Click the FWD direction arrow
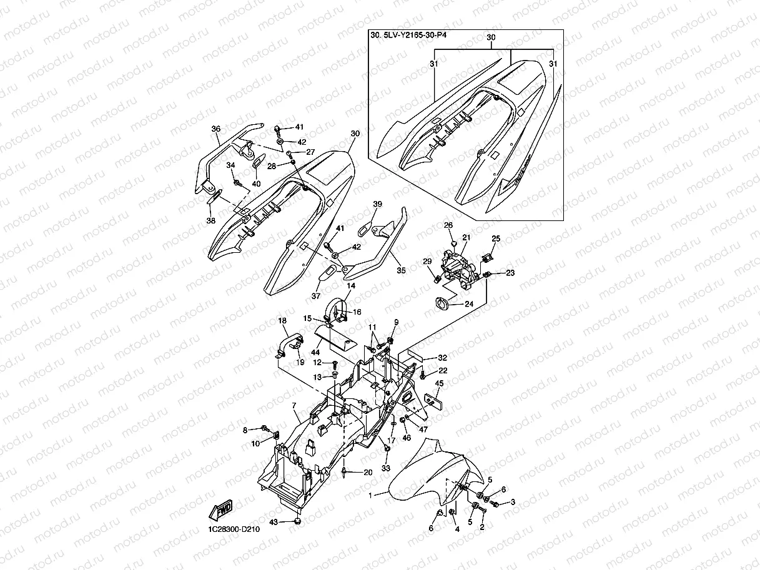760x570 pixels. (x=223, y=510)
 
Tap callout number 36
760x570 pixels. (x=216, y=129)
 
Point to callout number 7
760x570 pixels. (x=294, y=406)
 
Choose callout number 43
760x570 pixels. (x=273, y=521)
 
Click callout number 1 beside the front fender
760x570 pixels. (x=370, y=495)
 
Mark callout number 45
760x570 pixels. (x=439, y=383)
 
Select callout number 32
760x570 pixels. (x=442, y=358)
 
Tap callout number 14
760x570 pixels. (x=351, y=285)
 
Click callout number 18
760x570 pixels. (x=282, y=321)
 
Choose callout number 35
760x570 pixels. (x=401, y=270)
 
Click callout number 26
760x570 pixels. (x=448, y=225)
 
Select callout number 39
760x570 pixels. (x=377, y=204)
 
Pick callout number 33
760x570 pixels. (x=385, y=468)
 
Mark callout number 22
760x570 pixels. (x=443, y=371)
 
